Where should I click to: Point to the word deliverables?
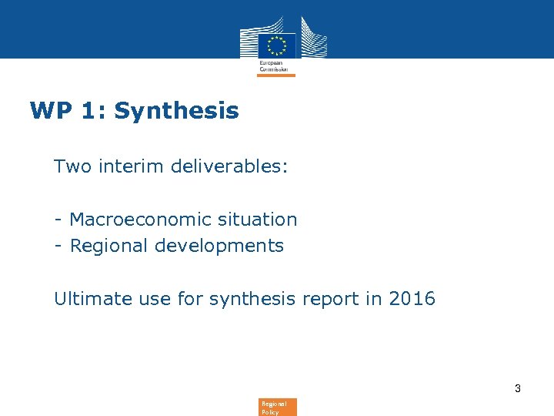227,166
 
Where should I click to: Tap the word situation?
256,220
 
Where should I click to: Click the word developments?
219,246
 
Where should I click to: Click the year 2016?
412,298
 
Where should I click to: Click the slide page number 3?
518,388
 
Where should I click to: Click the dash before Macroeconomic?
58,220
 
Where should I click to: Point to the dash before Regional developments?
58,247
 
